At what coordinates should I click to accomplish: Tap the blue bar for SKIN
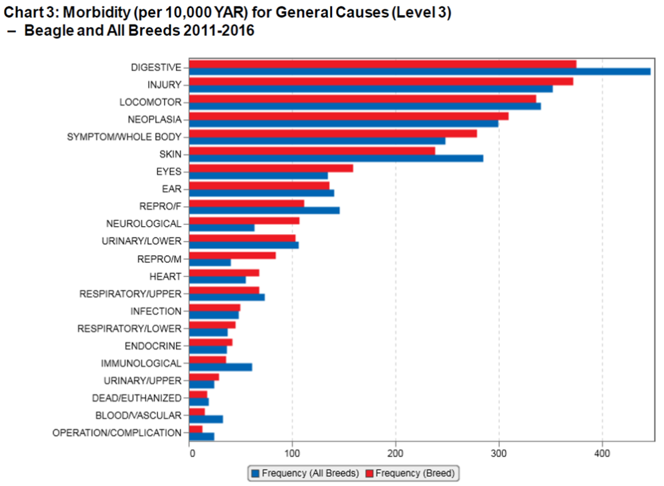coord(336,158)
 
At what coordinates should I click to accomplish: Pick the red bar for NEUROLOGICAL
coord(244,220)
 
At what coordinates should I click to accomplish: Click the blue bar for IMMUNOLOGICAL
coord(220,367)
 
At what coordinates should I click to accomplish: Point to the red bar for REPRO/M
coord(232,255)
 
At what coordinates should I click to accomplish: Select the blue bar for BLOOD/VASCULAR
coord(206,419)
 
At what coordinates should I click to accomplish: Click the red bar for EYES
coord(271,168)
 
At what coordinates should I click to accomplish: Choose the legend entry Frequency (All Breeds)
coord(305,473)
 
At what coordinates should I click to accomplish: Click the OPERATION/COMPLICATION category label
coord(116,433)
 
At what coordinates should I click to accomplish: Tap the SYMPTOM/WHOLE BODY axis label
coord(124,137)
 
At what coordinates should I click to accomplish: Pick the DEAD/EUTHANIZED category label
coord(136,398)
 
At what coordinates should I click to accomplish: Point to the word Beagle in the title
coord(45,30)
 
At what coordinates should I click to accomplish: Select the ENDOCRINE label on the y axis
coord(153,346)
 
